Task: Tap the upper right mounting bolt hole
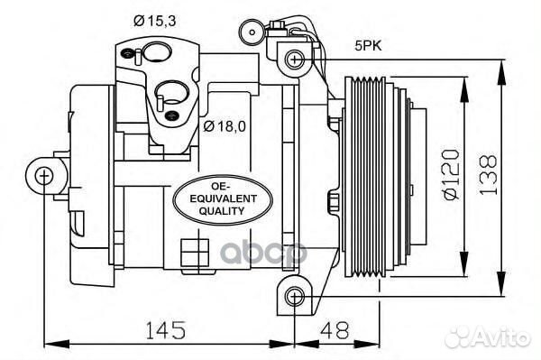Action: [294, 60]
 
